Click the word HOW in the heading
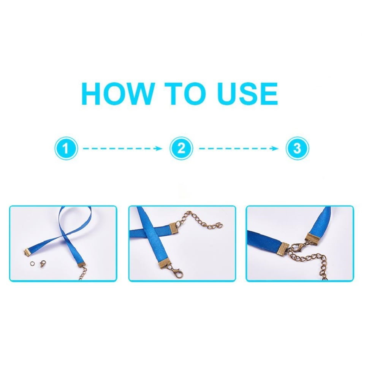(119, 93)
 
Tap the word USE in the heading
(247, 93)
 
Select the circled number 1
(66, 148)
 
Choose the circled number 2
(181, 148)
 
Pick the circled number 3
(298, 148)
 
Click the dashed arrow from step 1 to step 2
(122, 148)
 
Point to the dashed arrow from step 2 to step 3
(239, 148)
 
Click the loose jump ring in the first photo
(32, 263)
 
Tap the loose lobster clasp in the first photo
(43, 263)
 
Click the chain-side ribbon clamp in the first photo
(82, 264)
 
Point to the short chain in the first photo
(83, 274)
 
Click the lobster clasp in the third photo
(298, 248)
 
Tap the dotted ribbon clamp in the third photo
(283, 249)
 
